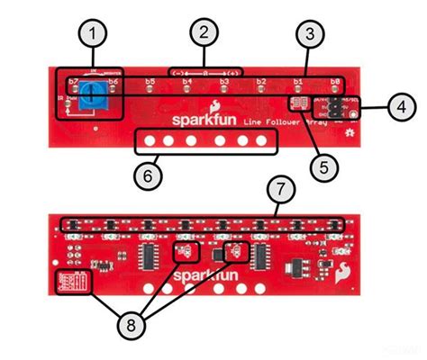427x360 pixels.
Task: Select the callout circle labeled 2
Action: [x=205, y=33]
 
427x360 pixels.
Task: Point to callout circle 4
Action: [x=404, y=107]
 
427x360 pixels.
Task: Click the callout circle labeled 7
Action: [x=281, y=189]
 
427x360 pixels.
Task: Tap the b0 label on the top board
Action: [x=334, y=82]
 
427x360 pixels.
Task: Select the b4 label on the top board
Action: [x=186, y=82]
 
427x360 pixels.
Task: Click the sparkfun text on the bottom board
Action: [x=202, y=273]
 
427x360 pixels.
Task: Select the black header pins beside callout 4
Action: [x=335, y=105]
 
